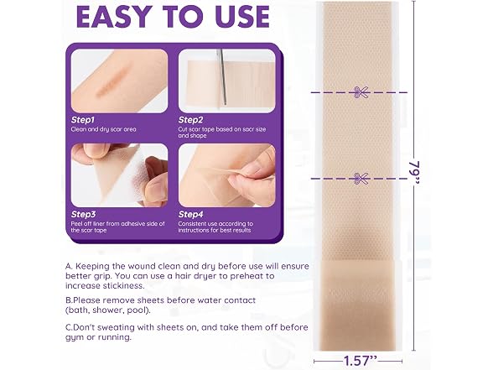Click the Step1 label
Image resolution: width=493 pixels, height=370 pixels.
click(x=83, y=120)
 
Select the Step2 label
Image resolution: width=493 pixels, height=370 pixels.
click(x=190, y=120)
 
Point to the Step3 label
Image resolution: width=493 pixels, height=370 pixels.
click(x=83, y=214)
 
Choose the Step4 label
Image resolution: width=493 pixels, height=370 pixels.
click(x=190, y=214)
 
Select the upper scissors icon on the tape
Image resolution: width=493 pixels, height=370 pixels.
click(x=360, y=92)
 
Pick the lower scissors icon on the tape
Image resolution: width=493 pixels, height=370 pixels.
click(x=360, y=179)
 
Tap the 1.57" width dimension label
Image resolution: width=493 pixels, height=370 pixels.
click(x=360, y=361)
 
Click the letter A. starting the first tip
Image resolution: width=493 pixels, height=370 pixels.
click(x=69, y=266)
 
